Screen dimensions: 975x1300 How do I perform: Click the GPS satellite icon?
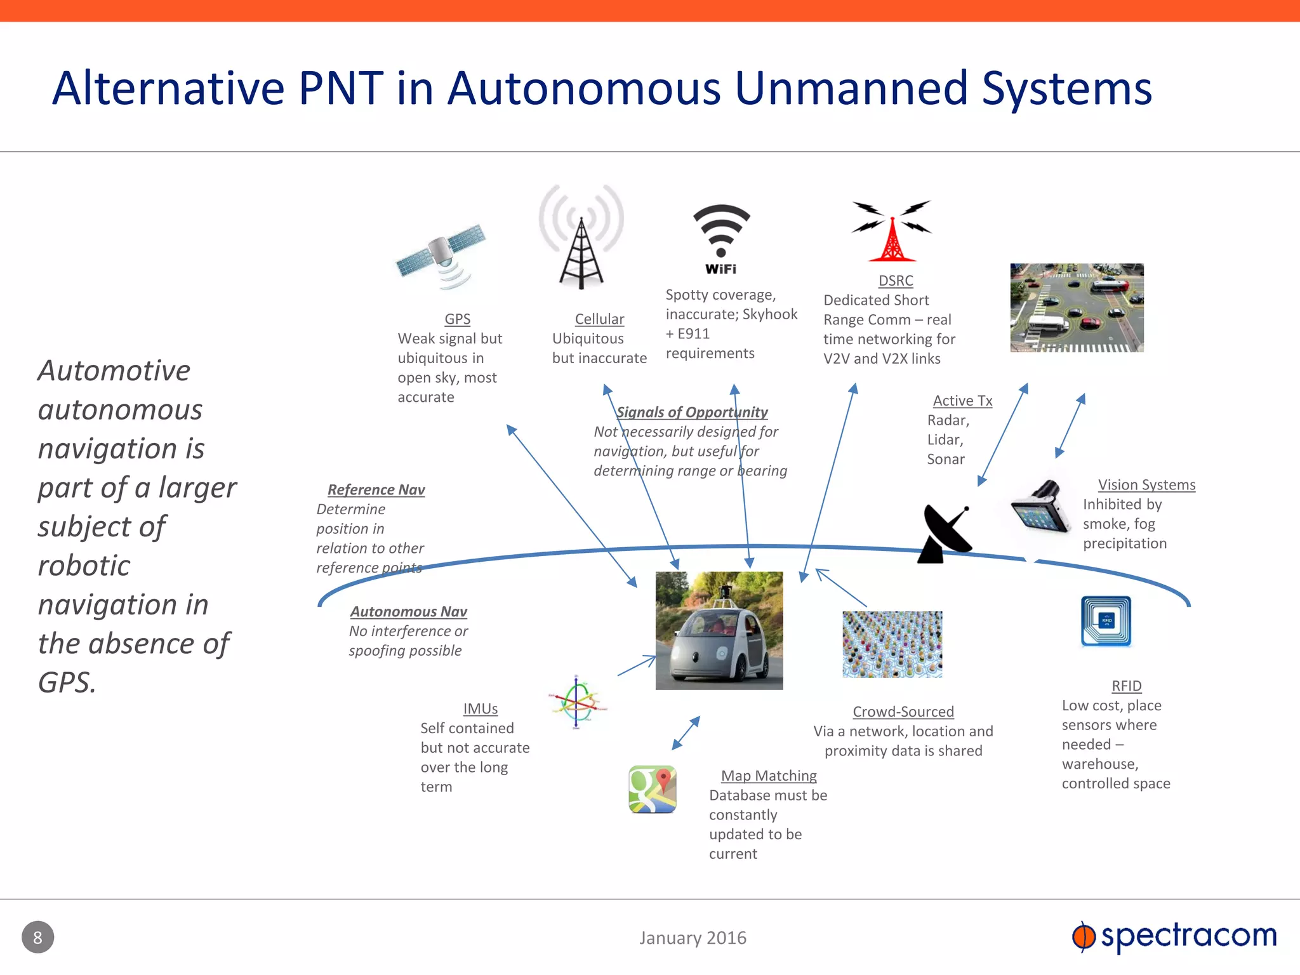[441, 257]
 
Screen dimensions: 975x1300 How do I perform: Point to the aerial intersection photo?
[1077, 308]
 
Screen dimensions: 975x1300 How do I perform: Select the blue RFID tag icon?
[1106, 621]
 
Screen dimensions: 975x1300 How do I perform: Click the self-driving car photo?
[719, 630]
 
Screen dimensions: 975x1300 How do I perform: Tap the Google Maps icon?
[653, 789]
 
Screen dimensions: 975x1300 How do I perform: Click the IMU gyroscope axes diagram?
[576, 702]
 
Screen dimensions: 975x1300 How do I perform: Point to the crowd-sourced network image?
[892, 644]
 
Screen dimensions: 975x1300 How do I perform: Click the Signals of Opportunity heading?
[692, 413]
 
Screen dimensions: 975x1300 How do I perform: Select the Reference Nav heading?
[376, 490]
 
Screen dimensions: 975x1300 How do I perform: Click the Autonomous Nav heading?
[408, 612]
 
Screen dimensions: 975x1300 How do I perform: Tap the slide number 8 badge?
[38, 937]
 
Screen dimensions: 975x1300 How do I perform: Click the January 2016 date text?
[693, 938]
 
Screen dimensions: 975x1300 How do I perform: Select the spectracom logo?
[1174, 936]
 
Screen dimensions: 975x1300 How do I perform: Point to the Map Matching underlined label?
[768, 776]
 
